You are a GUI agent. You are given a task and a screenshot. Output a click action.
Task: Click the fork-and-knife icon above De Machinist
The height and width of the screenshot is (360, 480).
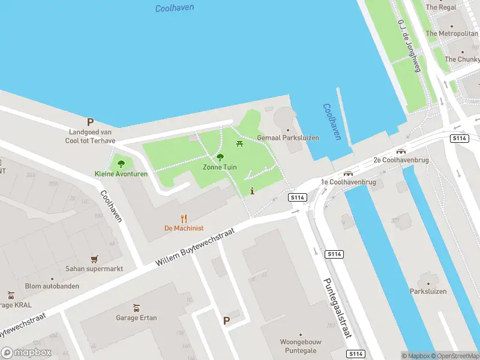click(x=184, y=219)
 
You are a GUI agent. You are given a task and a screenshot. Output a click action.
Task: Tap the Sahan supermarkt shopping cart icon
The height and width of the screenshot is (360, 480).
click(x=94, y=259)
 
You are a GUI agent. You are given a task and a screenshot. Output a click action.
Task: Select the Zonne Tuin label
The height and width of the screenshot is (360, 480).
click(x=220, y=167)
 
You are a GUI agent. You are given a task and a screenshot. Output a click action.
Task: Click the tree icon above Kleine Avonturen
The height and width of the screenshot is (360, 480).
click(x=121, y=163)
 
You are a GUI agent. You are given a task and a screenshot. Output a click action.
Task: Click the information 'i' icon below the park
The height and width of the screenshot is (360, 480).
click(x=252, y=191)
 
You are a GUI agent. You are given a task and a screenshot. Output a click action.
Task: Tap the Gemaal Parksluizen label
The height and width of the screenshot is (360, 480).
click(x=288, y=137)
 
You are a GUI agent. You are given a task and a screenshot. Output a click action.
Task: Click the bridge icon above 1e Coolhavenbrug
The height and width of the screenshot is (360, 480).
click(x=348, y=173)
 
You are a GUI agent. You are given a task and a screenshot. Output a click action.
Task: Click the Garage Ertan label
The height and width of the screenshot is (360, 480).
click(x=136, y=317)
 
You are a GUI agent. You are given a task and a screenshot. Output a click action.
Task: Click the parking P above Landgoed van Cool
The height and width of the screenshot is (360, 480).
click(x=91, y=122)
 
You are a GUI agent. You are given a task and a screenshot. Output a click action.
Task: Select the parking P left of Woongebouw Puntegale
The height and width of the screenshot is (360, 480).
click(x=226, y=321)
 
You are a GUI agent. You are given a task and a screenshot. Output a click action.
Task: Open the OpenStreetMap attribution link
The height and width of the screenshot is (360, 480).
click(x=455, y=356)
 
